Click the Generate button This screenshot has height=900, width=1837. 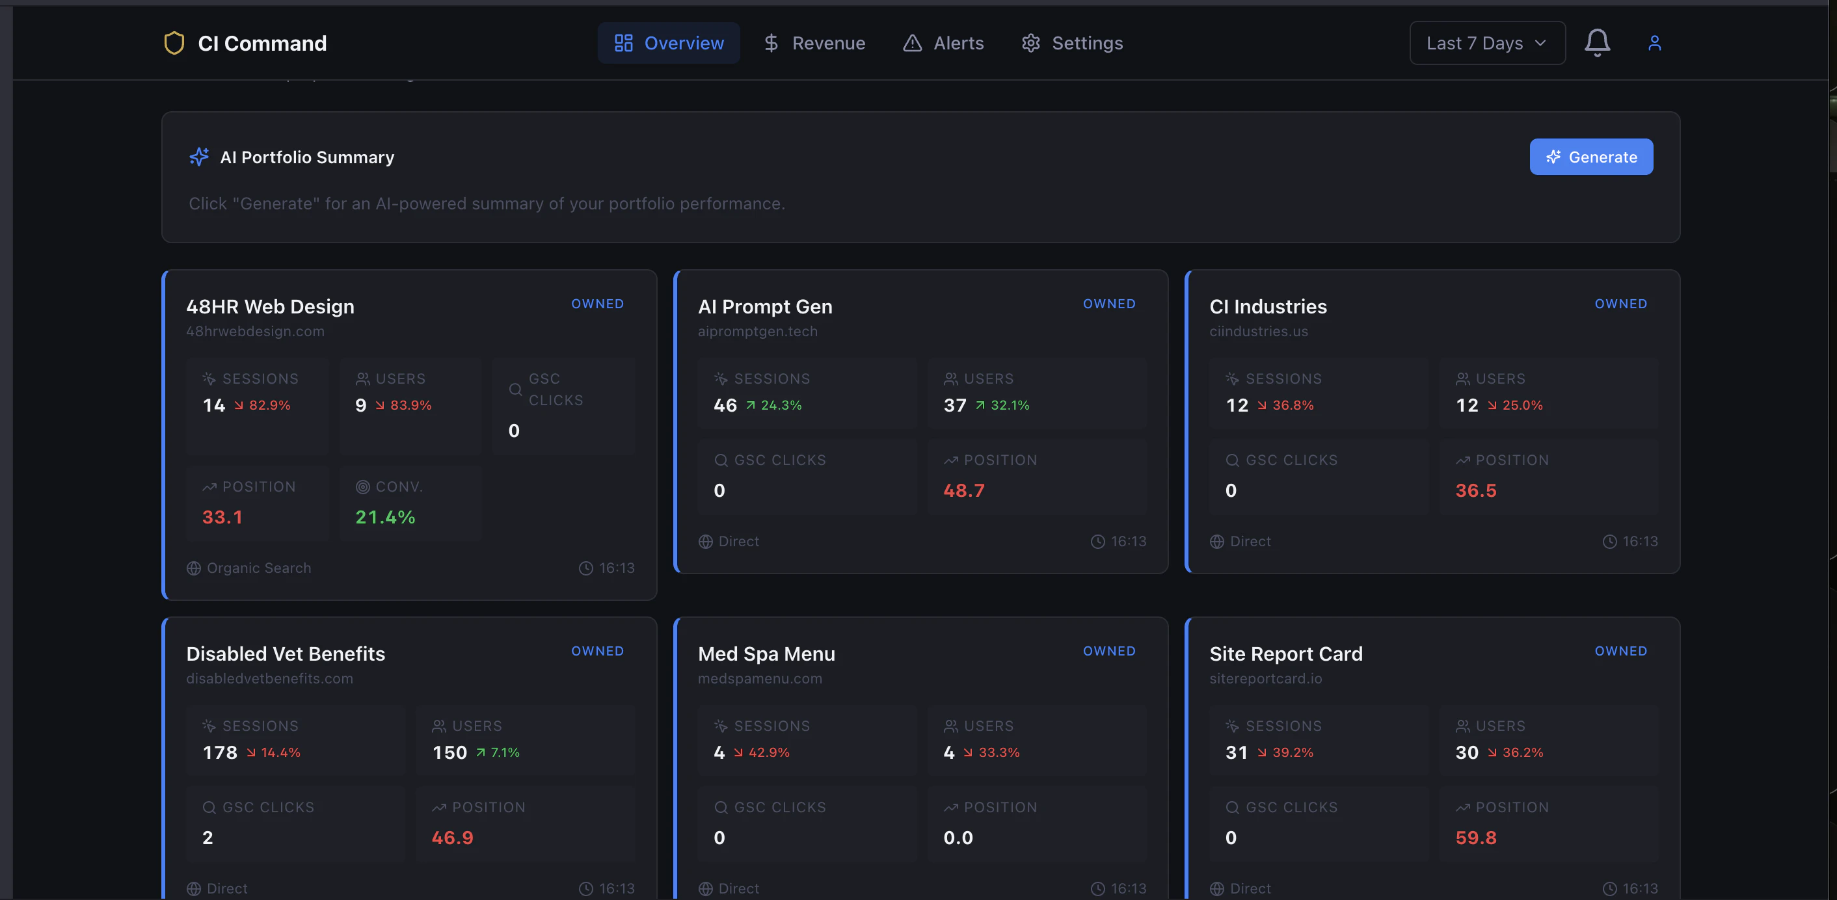pyautogui.click(x=1590, y=157)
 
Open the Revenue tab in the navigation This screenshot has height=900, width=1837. pyautogui.click(x=814, y=44)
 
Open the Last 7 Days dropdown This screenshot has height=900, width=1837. pyautogui.click(x=1487, y=44)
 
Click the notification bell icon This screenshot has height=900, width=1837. pyautogui.click(x=1597, y=43)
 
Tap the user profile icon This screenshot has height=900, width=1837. pyautogui.click(x=1654, y=44)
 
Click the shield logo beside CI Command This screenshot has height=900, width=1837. pyautogui.click(x=174, y=44)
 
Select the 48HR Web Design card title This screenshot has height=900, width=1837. pyautogui.click(x=270, y=307)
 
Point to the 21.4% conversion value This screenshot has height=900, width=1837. pyautogui.click(x=385, y=517)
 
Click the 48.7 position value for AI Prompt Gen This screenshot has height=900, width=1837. pyautogui.click(x=963, y=491)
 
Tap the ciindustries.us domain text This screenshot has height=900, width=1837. pyautogui.click(x=1258, y=332)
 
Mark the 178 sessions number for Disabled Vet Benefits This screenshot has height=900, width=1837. pyautogui.click(x=220, y=752)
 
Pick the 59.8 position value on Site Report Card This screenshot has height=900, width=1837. pyautogui.click(x=1475, y=838)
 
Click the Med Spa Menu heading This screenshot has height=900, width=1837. pyautogui.click(x=766, y=654)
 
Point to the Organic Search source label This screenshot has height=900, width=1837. pyautogui.click(x=258, y=568)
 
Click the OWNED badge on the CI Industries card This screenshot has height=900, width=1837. pyautogui.click(x=1620, y=304)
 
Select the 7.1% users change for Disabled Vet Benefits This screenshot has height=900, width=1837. pyautogui.click(x=504, y=752)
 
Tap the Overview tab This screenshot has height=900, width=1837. pyautogui.click(x=668, y=44)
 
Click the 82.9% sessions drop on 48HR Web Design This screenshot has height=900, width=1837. pyautogui.click(x=269, y=405)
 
